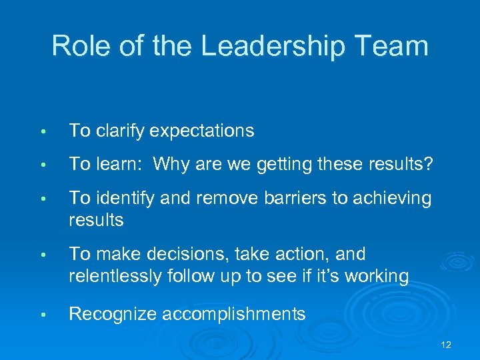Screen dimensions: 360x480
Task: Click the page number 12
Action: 446,345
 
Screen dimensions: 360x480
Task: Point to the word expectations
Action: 202,131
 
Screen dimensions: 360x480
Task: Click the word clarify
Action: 121,131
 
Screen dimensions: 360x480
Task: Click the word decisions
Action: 189,255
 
